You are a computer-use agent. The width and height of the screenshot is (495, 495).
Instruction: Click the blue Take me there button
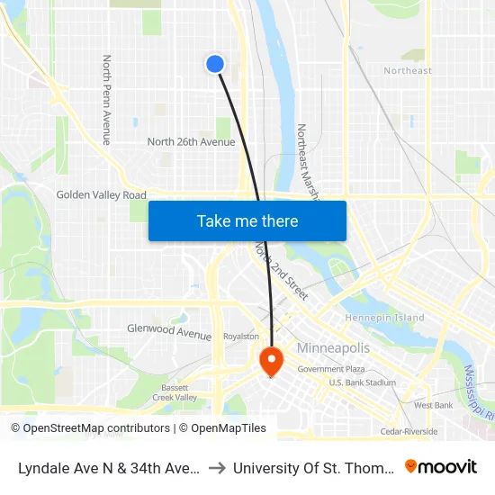(247, 220)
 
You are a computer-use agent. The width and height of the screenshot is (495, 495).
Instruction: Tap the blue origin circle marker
(215, 63)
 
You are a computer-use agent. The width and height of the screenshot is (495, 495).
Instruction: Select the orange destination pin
(271, 361)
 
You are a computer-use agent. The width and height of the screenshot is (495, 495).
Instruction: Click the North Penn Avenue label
(106, 100)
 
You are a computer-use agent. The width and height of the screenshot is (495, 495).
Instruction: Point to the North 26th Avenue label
(191, 141)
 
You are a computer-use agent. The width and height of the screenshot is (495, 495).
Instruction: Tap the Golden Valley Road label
(101, 194)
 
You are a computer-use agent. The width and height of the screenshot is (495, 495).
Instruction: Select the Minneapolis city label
(333, 348)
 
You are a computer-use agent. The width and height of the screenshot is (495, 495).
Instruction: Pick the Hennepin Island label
(385, 318)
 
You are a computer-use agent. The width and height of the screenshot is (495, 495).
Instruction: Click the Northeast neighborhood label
(408, 70)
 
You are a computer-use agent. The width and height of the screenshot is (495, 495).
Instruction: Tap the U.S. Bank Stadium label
(362, 382)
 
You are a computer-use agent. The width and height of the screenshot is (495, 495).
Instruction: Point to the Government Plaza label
(330, 369)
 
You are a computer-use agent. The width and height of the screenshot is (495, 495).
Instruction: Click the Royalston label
(240, 337)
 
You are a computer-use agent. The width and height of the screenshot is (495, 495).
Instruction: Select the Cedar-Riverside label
(409, 432)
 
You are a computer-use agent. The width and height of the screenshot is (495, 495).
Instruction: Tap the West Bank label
(433, 405)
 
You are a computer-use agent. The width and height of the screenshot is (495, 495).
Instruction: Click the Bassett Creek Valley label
(175, 391)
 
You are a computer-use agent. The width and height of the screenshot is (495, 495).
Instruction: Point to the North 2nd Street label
(281, 271)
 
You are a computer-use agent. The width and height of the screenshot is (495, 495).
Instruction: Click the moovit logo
(440, 466)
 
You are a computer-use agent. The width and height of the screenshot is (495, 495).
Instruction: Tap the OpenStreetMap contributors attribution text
(90, 428)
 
